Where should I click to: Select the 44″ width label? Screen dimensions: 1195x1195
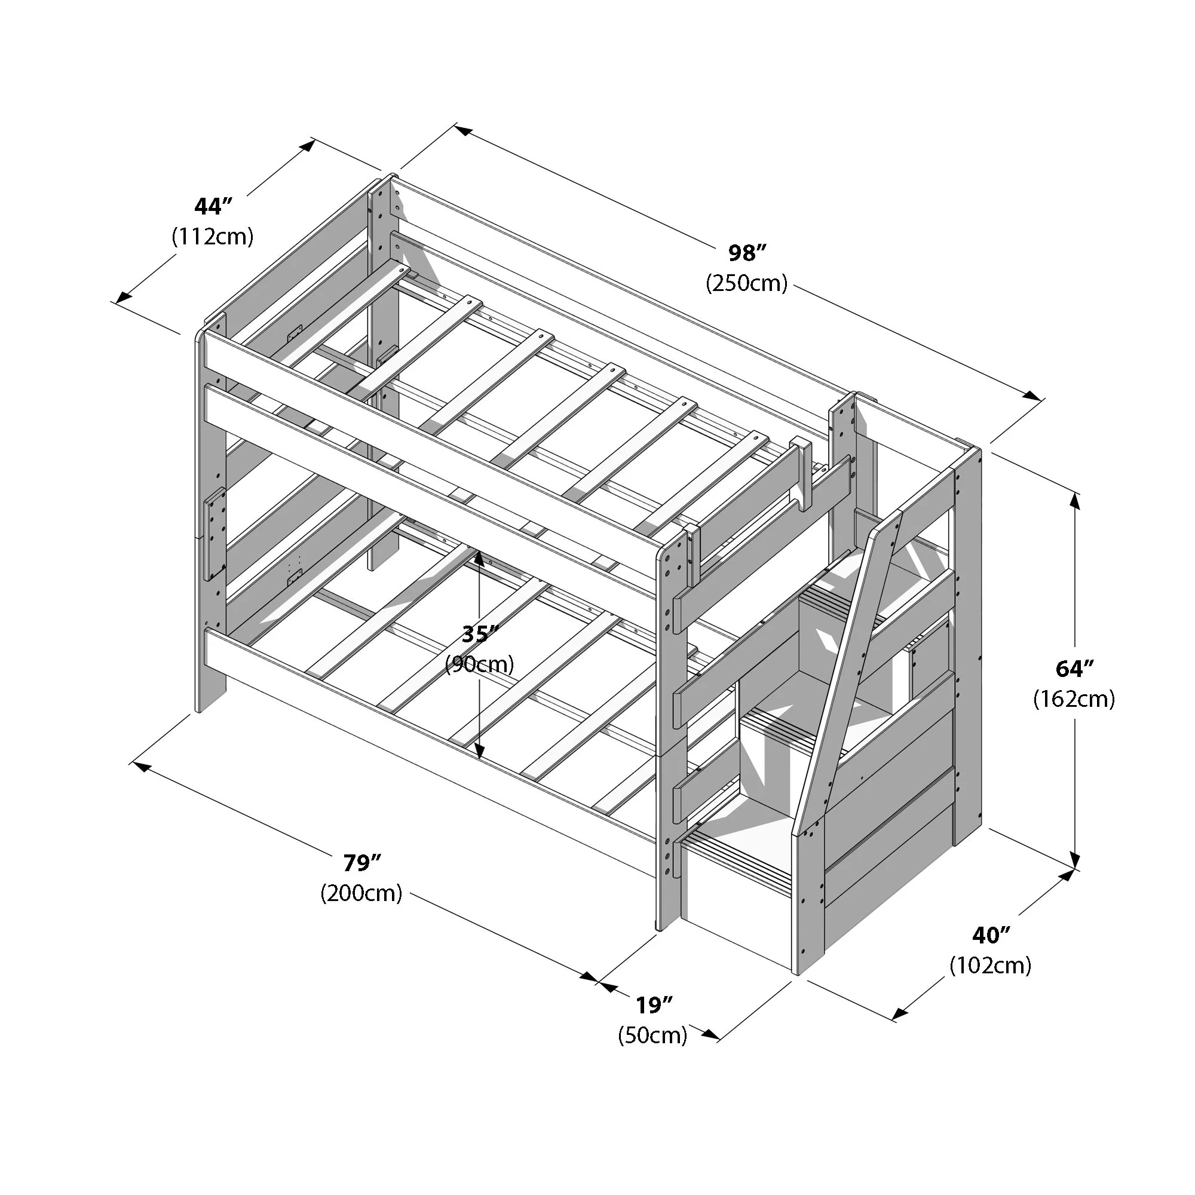[212, 206]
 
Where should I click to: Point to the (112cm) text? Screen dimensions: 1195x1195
[212, 236]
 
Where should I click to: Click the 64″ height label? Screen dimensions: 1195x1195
[1074, 669]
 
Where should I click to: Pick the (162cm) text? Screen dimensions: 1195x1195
[1074, 699]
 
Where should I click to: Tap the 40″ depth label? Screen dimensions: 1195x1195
[991, 935]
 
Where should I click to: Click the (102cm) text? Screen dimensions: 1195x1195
[991, 966]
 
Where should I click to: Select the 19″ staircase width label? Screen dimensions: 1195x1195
[653, 1006]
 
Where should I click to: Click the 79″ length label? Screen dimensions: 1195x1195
[361, 862]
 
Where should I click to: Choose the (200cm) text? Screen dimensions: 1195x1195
[361, 893]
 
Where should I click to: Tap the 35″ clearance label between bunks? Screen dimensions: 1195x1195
[480, 634]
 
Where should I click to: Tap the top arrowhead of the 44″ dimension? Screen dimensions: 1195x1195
[307, 146]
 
